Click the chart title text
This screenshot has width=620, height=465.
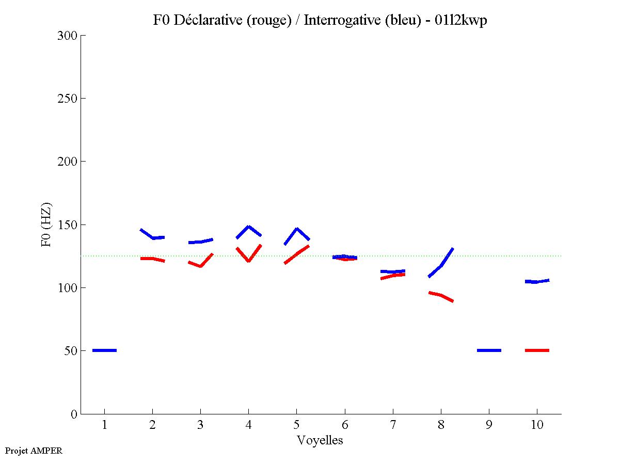(320, 21)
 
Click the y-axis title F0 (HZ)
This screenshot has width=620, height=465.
(47, 225)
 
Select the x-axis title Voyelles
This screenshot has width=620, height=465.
(320, 440)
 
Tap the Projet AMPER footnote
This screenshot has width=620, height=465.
(34, 451)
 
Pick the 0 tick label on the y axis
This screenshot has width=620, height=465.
(74, 414)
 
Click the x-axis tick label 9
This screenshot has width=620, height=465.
(489, 425)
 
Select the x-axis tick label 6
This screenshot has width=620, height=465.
(344, 425)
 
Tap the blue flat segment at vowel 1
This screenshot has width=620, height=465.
(104, 350)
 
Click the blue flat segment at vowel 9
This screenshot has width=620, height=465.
(489, 350)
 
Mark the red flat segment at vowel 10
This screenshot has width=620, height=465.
(537, 350)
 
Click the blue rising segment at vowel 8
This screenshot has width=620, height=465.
(441, 265)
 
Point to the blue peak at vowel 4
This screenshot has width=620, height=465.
(248, 227)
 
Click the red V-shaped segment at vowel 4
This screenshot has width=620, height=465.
(248, 260)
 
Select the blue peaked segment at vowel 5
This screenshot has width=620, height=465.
(296, 229)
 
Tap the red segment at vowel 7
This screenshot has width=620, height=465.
(392, 276)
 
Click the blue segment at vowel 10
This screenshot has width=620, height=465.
(537, 281)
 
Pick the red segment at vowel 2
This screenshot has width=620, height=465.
(152, 259)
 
